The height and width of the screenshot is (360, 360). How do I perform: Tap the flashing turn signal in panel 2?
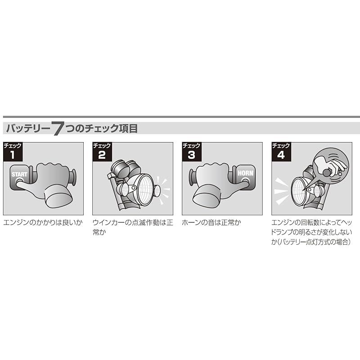[159, 192]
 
